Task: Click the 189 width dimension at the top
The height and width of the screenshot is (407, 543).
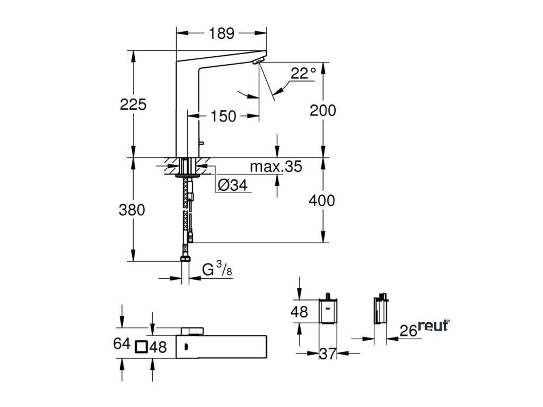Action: click(222, 33)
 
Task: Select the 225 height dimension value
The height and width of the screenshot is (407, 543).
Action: click(133, 104)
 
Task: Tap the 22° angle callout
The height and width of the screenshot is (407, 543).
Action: click(303, 73)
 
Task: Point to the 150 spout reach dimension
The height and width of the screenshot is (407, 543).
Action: click(223, 116)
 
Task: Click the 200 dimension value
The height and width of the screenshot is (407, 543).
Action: click(323, 110)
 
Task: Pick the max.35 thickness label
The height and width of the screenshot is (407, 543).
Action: click(276, 166)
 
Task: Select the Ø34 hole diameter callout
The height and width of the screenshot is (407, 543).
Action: click(233, 185)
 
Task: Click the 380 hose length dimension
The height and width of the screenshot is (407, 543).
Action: click(132, 210)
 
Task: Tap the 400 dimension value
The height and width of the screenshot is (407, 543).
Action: click(322, 200)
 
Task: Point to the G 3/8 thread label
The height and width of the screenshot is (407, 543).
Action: click(217, 269)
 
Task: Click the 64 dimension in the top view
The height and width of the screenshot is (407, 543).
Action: click(121, 343)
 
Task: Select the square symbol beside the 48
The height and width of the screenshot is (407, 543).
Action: click(142, 347)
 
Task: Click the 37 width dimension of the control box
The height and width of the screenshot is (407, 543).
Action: click(327, 353)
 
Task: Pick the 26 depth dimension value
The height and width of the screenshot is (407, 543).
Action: click(408, 331)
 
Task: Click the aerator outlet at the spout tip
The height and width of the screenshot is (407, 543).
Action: click(258, 61)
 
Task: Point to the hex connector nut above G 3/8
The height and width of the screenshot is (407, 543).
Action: click(185, 259)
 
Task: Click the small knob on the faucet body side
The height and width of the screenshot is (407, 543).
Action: click(201, 142)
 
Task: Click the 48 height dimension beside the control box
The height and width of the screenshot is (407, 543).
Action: click(299, 312)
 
